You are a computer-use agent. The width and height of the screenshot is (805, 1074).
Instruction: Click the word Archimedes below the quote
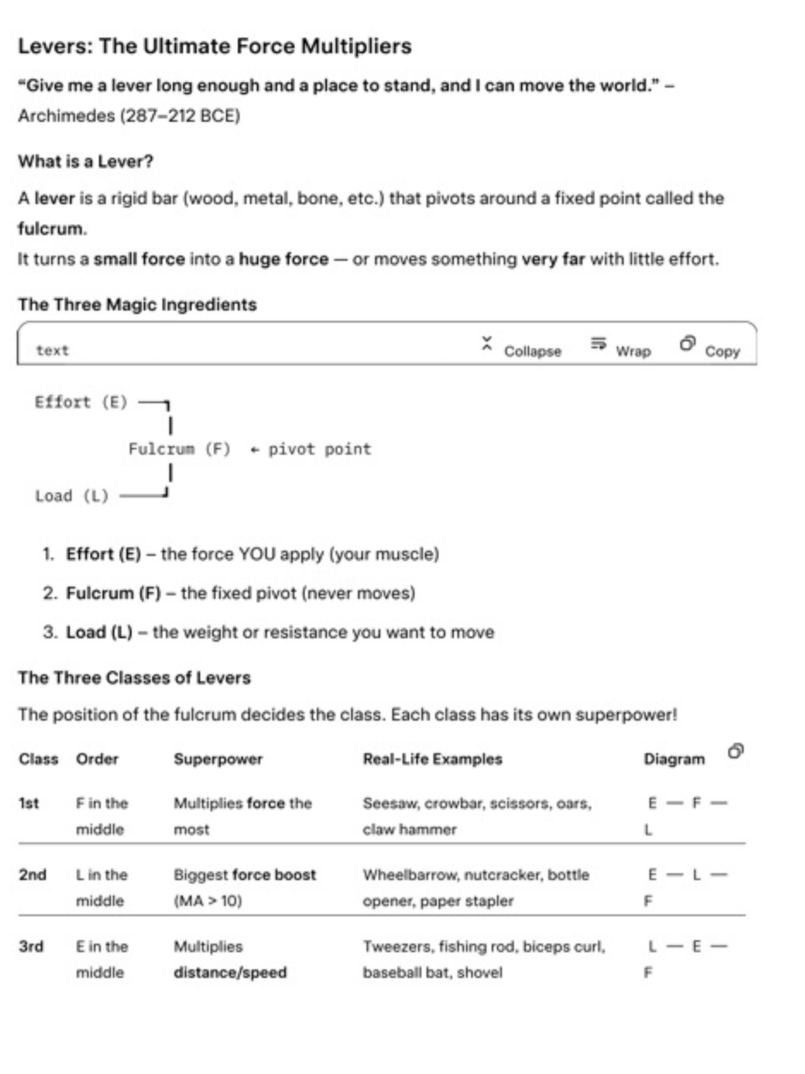click(67, 116)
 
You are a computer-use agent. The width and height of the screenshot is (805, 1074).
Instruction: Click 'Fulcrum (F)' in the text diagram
click(179, 449)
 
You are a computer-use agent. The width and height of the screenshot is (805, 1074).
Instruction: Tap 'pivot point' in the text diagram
click(320, 449)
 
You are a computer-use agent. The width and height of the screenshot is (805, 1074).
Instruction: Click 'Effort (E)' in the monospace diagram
click(81, 402)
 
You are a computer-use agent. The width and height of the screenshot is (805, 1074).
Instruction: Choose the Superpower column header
click(218, 759)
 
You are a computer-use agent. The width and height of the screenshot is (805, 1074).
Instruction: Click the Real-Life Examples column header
click(432, 759)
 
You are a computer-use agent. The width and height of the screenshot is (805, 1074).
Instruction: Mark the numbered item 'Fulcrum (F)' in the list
click(113, 593)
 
